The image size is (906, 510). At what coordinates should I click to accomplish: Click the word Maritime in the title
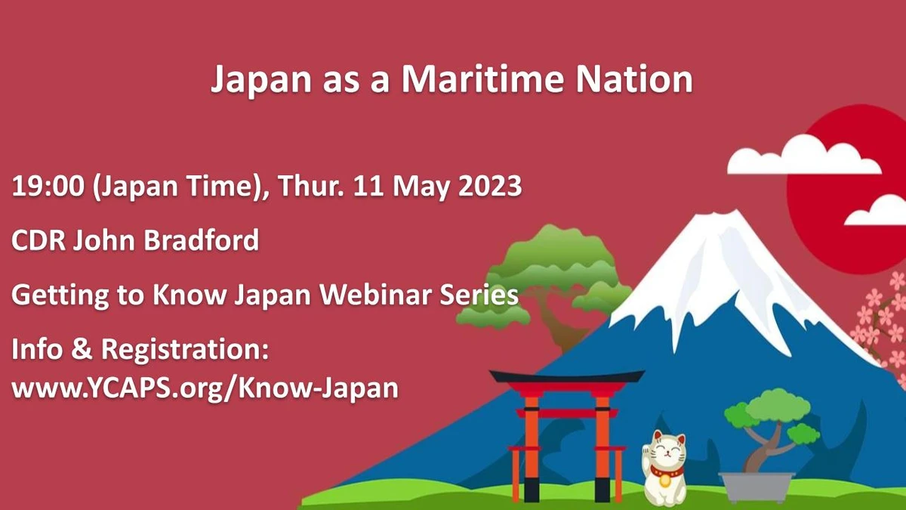tap(482, 79)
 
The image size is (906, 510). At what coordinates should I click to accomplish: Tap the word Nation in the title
tap(634, 79)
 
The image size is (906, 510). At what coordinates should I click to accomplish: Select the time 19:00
tap(48, 186)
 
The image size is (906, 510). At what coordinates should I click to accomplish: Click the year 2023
tap(490, 186)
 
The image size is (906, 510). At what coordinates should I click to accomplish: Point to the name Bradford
tap(201, 240)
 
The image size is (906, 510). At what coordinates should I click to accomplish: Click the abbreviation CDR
tap(39, 240)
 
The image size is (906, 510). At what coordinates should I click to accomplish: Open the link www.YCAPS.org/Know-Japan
tap(205, 388)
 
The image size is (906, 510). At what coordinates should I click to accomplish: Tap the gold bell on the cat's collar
tap(664, 481)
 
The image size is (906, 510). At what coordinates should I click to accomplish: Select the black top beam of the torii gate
tap(567, 376)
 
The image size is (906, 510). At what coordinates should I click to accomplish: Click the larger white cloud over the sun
tap(804, 156)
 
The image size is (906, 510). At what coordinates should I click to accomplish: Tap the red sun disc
tap(849, 190)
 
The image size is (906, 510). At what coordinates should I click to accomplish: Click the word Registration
tap(184, 349)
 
